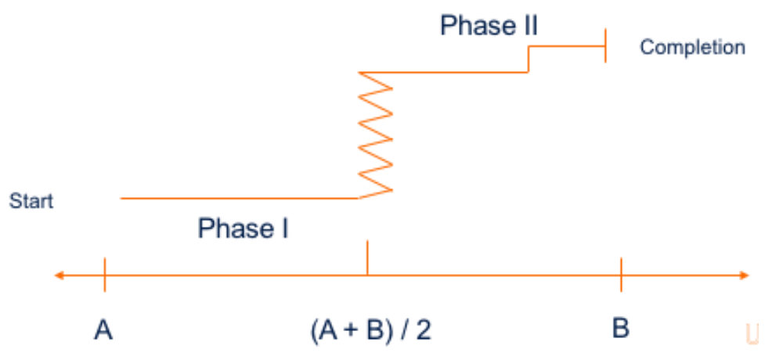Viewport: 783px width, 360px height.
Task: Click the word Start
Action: pos(31,201)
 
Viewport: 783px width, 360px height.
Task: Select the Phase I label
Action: pos(244,229)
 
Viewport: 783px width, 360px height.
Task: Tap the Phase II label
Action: pos(489,26)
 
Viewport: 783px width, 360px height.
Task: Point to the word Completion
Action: pos(692,47)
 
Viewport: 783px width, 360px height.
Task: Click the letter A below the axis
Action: pos(103,329)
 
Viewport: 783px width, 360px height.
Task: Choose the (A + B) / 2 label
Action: pos(367,329)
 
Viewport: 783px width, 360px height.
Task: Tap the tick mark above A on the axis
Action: pos(104,275)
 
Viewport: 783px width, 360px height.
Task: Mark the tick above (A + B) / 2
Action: pos(367,258)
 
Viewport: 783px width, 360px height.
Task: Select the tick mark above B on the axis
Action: pos(621,275)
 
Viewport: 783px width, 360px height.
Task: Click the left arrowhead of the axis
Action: pos(58,275)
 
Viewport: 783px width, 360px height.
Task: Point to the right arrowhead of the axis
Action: pos(745,275)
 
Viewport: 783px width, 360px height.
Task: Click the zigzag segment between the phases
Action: pos(376,133)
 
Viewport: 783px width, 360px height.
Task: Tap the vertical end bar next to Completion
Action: pos(605,47)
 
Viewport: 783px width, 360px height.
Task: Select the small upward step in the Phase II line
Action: pos(529,59)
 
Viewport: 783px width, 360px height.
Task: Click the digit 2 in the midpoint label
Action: pos(424,329)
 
